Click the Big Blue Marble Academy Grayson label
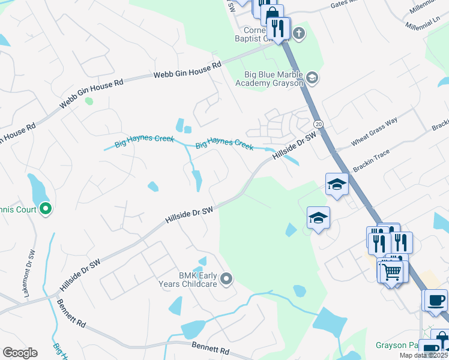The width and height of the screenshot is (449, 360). pos(273,79)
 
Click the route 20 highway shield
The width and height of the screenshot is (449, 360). pos(318,124)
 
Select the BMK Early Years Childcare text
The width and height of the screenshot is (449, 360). pos(188,279)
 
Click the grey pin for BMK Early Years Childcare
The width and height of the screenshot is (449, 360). pos(226,278)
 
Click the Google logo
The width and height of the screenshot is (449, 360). pos(20,353)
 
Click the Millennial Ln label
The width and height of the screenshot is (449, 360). pos(427,21)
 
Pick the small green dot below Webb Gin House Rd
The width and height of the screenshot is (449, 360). pos(89,101)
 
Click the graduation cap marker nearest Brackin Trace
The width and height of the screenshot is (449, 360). pos(337,185)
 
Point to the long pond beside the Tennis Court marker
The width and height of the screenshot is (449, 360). pos(36,189)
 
